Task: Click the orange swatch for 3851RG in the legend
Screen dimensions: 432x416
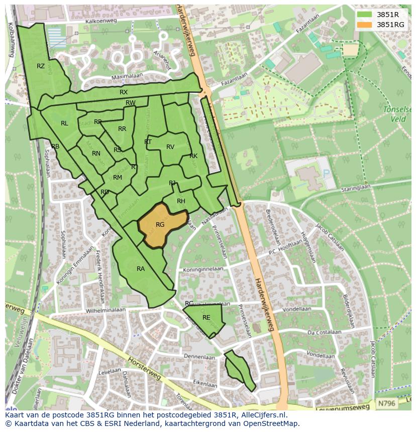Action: click(365, 24)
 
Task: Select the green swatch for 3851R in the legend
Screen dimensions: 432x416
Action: click(365, 15)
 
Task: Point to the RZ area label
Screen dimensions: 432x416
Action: click(41, 66)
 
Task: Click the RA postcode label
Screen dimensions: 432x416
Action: click(141, 269)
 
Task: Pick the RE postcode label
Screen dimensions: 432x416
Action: click(206, 318)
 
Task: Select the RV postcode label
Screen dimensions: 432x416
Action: click(170, 147)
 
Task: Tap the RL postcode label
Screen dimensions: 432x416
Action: click(64, 123)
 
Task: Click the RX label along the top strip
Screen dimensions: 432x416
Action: click(124, 92)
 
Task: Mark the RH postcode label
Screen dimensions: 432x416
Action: click(181, 201)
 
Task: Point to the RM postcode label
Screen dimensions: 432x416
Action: click(118, 178)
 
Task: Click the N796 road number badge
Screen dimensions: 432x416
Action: click(386, 403)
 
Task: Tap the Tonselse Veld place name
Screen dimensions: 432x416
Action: click(397, 114)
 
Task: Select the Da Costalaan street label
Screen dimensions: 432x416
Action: click(325, 332)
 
